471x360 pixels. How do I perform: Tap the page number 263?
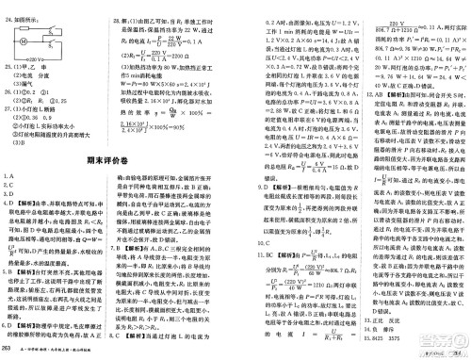(x=8, y=351)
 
